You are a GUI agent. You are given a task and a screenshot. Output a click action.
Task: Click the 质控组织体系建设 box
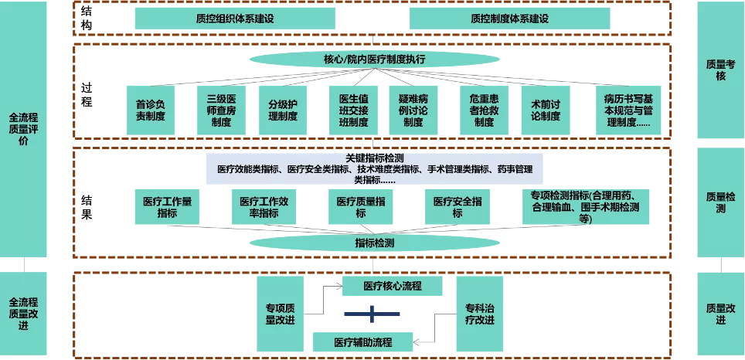click(x=235, y=19)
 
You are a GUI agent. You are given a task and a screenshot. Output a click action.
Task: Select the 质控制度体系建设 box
click(x=509, y=19)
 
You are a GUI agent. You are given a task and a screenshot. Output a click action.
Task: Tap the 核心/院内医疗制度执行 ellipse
click(x=374, y=59)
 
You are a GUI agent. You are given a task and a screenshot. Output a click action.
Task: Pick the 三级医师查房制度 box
click(x=220, y=110)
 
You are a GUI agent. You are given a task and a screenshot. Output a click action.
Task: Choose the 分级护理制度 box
click(x=283, y=110)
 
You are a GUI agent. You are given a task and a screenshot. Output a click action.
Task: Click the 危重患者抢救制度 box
click(x=484, y=110)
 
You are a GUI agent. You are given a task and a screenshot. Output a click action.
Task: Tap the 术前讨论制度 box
click(x=546, y=110)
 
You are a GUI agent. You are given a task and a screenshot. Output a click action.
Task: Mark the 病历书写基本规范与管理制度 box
click(x=627, y=110)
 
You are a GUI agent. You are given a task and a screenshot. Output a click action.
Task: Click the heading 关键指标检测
click(x=374, y=158)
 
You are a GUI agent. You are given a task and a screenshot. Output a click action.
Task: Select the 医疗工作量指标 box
click(x=167, y=207)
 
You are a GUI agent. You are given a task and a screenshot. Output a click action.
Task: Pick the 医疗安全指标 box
click(x=458, y=207)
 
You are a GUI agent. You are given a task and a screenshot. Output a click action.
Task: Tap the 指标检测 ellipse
click(x=374, y=243)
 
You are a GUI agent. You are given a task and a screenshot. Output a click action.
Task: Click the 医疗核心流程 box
click(x=393, y=286)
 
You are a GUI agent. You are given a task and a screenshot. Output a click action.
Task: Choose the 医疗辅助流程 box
click(x=363, y=341)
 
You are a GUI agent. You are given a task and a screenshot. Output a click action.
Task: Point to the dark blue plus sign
click(x=372, y=313)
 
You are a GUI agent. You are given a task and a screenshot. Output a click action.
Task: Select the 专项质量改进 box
click(x=281, y=314)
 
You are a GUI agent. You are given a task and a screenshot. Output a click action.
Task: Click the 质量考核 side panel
click(x=720, y=70)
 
